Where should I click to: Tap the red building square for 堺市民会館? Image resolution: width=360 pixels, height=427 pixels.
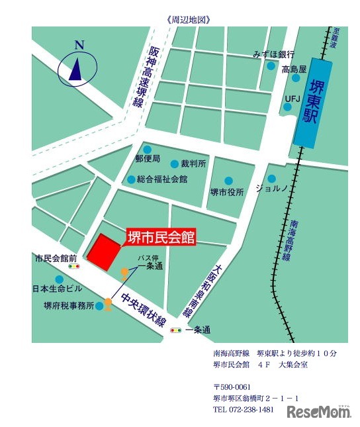[103, 252]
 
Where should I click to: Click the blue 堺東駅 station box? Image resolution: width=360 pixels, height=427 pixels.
[313, 103]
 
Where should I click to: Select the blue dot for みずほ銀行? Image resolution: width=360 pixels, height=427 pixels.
[271, 66]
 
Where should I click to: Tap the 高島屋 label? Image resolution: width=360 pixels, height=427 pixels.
[294, 70]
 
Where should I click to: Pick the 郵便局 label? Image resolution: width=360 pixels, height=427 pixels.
[148, 159]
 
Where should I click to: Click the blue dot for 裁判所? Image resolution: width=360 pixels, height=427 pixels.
[175, 164]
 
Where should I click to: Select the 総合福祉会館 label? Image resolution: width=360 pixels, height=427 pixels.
[162, 179]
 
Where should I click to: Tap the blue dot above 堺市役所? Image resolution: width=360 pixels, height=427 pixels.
[228, 180]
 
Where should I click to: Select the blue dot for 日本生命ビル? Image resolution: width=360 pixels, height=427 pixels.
[60, 279]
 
